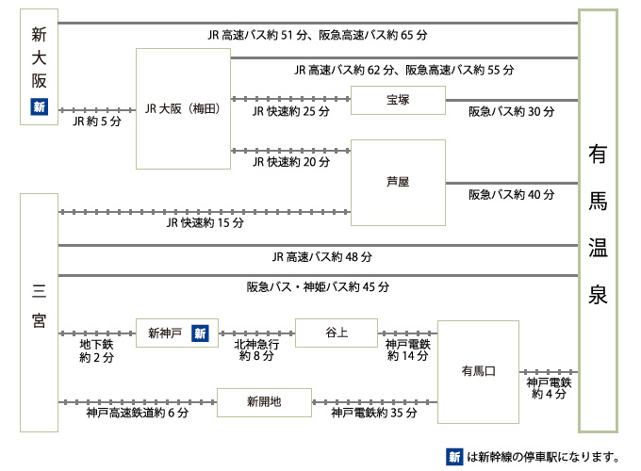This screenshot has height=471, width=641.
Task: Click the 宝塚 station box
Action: pyautogui.click(x=397, y=99)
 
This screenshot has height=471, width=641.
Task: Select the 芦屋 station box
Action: pyautogui.click(x=397, y=182)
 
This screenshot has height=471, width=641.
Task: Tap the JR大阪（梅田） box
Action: pyautogui.click(x=183, y=108)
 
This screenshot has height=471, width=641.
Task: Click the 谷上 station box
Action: pyautogui.click(x=337, y=333)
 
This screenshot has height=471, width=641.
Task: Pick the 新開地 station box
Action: pyautogui.click(x=264, y=402)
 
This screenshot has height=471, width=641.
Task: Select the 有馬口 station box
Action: pyautogui.click(x=479, y=371)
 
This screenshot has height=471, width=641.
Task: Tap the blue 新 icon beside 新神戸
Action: pyautogui.click(x=200, y=333)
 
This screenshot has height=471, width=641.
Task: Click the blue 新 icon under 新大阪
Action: pyautogui.click(x=39, y=107)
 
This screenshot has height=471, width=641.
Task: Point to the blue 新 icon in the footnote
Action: pyautogui.click(x=454, y=458)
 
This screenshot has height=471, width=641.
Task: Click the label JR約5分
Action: pyautogui.click(x=97, y=122)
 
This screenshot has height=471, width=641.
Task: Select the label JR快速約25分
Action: pyautogui.click(x=291, y=112)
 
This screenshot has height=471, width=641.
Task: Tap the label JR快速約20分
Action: pyautogui.click(x=291, y=162)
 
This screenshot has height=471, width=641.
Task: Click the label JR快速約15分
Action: pyautogui.click(x=205, y=223)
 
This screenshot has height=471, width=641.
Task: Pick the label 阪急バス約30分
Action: pyautogui.click(x=512, y=112)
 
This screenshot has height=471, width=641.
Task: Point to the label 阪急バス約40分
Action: pyautogui.click(x=512, y=195)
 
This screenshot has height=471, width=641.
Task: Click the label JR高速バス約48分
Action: pyautogui.click(x=321, y=257)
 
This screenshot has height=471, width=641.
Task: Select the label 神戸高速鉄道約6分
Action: pyautogui.click(x=138, y=414)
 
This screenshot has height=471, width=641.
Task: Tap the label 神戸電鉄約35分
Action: pyautogui.click(x=374, y=414)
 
